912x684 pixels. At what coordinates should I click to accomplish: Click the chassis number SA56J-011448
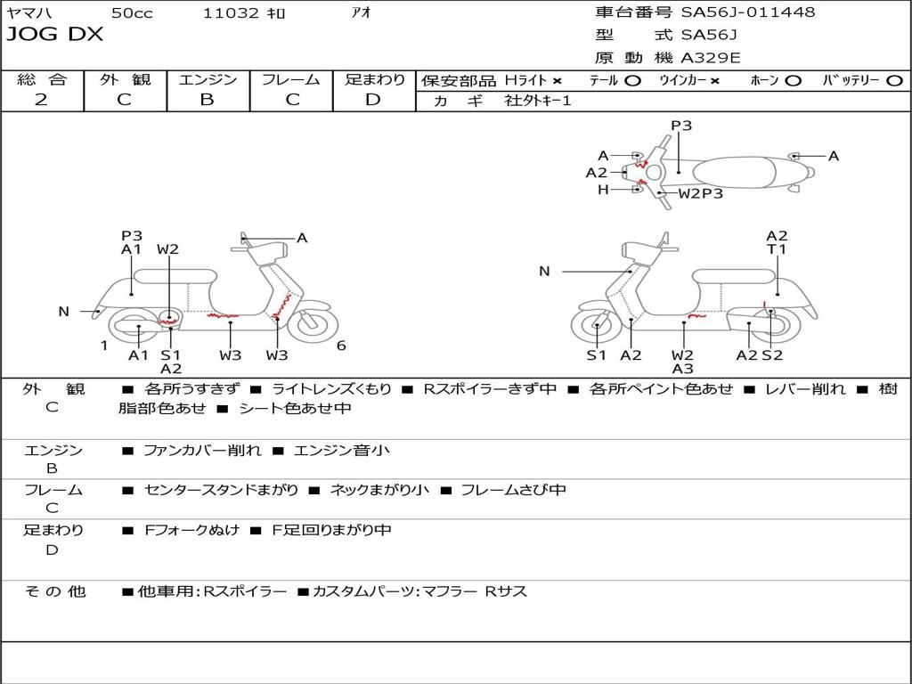748,12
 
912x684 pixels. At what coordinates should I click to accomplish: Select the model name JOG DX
55,35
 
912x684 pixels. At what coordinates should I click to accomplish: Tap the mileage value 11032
231,13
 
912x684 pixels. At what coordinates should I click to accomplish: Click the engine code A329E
711,59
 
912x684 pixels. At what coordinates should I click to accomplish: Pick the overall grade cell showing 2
41,100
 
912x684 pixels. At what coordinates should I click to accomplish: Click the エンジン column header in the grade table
208,79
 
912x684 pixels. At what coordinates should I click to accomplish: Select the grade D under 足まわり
373,100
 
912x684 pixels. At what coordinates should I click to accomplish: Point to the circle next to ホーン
793,80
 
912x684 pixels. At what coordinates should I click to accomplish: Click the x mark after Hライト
557,80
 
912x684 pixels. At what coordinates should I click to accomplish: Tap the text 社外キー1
539,101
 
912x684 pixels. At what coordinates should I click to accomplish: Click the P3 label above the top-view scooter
681,126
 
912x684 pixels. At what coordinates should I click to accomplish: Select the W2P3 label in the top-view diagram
701,192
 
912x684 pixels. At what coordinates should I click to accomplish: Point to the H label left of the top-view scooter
603,190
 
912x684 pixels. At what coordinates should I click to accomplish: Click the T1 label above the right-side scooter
778,249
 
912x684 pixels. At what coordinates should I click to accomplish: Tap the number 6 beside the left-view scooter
341,346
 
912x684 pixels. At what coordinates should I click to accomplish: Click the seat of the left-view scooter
188,275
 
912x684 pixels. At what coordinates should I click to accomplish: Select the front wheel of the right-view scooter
596,327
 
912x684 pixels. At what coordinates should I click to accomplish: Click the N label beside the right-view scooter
544,272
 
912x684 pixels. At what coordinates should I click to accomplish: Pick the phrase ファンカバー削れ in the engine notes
202,451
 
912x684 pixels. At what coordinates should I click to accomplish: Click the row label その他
54,591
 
